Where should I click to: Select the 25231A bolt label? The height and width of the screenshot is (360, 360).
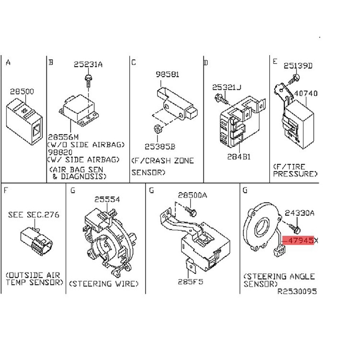88,65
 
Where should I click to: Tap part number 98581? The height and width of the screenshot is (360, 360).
167,75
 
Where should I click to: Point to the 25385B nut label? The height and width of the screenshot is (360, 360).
160,147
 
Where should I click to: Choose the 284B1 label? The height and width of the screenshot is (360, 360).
239,157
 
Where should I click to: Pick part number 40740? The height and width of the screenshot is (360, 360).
306,94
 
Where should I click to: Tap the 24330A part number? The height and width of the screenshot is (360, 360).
300,213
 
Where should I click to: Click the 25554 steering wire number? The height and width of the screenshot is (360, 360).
107,199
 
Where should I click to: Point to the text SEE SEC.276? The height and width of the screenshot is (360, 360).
34,215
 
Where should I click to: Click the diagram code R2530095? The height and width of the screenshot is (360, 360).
297,292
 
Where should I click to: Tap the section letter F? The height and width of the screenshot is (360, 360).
6,190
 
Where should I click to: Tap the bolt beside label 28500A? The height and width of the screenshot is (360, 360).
192,212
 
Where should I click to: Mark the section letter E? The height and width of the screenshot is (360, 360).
275,62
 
